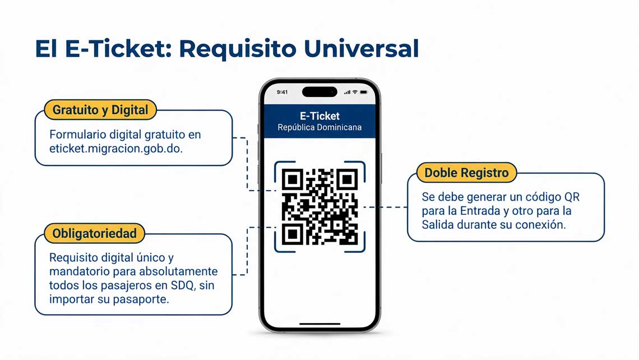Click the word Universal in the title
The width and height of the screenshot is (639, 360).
pyautogui.click(x=361, y=49)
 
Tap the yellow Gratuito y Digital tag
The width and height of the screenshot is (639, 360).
pyautogui.click(x=100, y=110)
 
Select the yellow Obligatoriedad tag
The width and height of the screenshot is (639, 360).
pyautogui.click(x=95, y=234)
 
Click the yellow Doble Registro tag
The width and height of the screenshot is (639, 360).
pyautogui.click(x=466, y=173)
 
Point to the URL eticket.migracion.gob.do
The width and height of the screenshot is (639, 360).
pyautogui.click(x=116, y=149)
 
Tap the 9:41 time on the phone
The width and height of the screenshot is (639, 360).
pyautogui.click(x=282, y=92)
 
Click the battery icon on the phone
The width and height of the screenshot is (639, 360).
pyautogui.click(x=364, y=92)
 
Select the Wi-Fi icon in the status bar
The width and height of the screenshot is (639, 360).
pyautogui.click(x=355, y=92)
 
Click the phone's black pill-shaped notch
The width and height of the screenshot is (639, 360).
pyautogui.click(x=319, y=92)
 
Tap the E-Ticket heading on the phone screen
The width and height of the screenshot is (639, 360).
pyautogui.click(x=319, y=116)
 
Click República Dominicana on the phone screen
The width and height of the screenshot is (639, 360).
pyautogui.click(x=319, y=128)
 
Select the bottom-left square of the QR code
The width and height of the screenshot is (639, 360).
pyautogui.click(x=292, y=234)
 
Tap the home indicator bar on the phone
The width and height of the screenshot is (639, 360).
pyautogui.click(x=319, y=324)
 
